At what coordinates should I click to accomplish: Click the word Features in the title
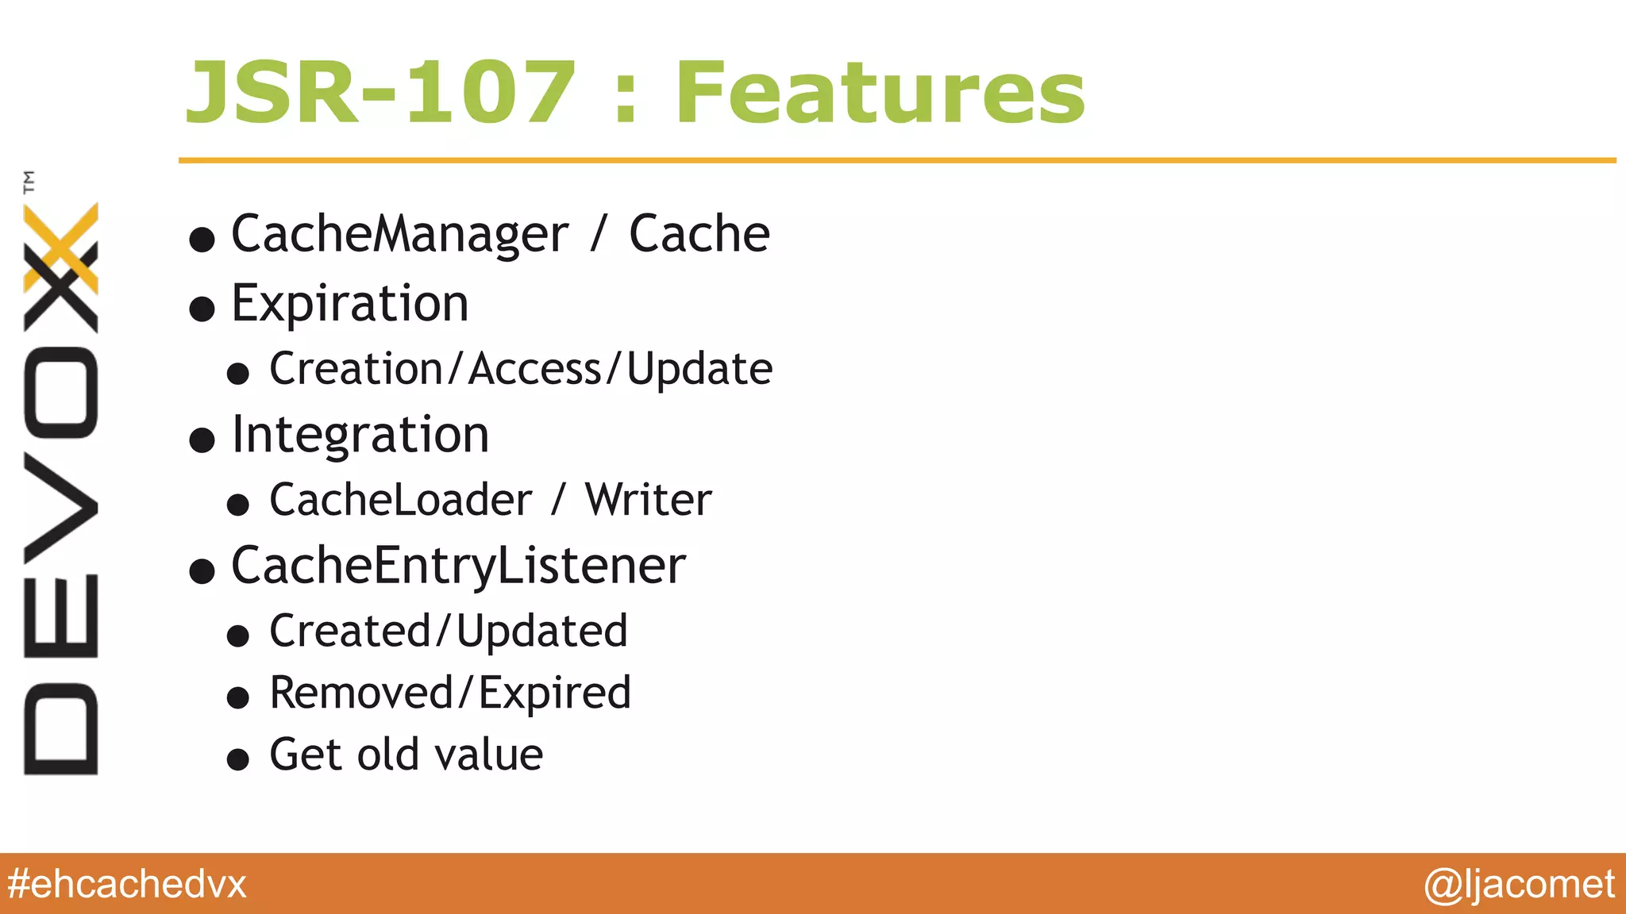pyautogui.click(x=880, y=93)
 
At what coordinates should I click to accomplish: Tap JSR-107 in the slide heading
pyautogui.click(x=380, y=93)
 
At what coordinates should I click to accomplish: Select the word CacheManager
pyautogui.click(x=399, y=234)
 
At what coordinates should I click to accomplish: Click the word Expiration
pyautogui.click(x=350, y=303)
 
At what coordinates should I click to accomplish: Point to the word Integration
pyautogui.click(x=360, y=435)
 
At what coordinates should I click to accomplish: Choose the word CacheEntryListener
pyautogui.click(x=458, y=566)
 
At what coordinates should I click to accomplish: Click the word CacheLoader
pyautogui.click(x=400, y=500)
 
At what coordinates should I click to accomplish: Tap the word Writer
pyautogui.click(x=648, y=500)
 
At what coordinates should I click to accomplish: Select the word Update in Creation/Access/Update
pyautogui.click(x=699, y=370)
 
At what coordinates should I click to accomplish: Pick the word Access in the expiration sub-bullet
pyautogui.click(x=535, y=370)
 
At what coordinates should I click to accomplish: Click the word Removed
pyautogui.click(x=361, y=693)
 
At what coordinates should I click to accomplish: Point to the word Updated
pyautogui.click(x=541, y=632)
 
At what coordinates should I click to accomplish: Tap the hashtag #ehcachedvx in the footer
pyautogui.click(x=127, y=884)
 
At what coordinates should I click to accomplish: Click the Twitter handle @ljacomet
pyautogui.click(x=1519, y=884)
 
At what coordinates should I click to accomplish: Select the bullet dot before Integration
pyautogui.click(x=202, y=440)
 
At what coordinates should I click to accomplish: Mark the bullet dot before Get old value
pyautogui.click(x=238, y=759)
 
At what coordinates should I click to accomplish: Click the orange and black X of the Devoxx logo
pyautogui.click(x=61, y=267)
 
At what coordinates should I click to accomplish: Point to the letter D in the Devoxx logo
pyautogui.click(x=61, y=728)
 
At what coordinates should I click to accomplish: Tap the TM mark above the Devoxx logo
pyautogui.click(x=29, y=182)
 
